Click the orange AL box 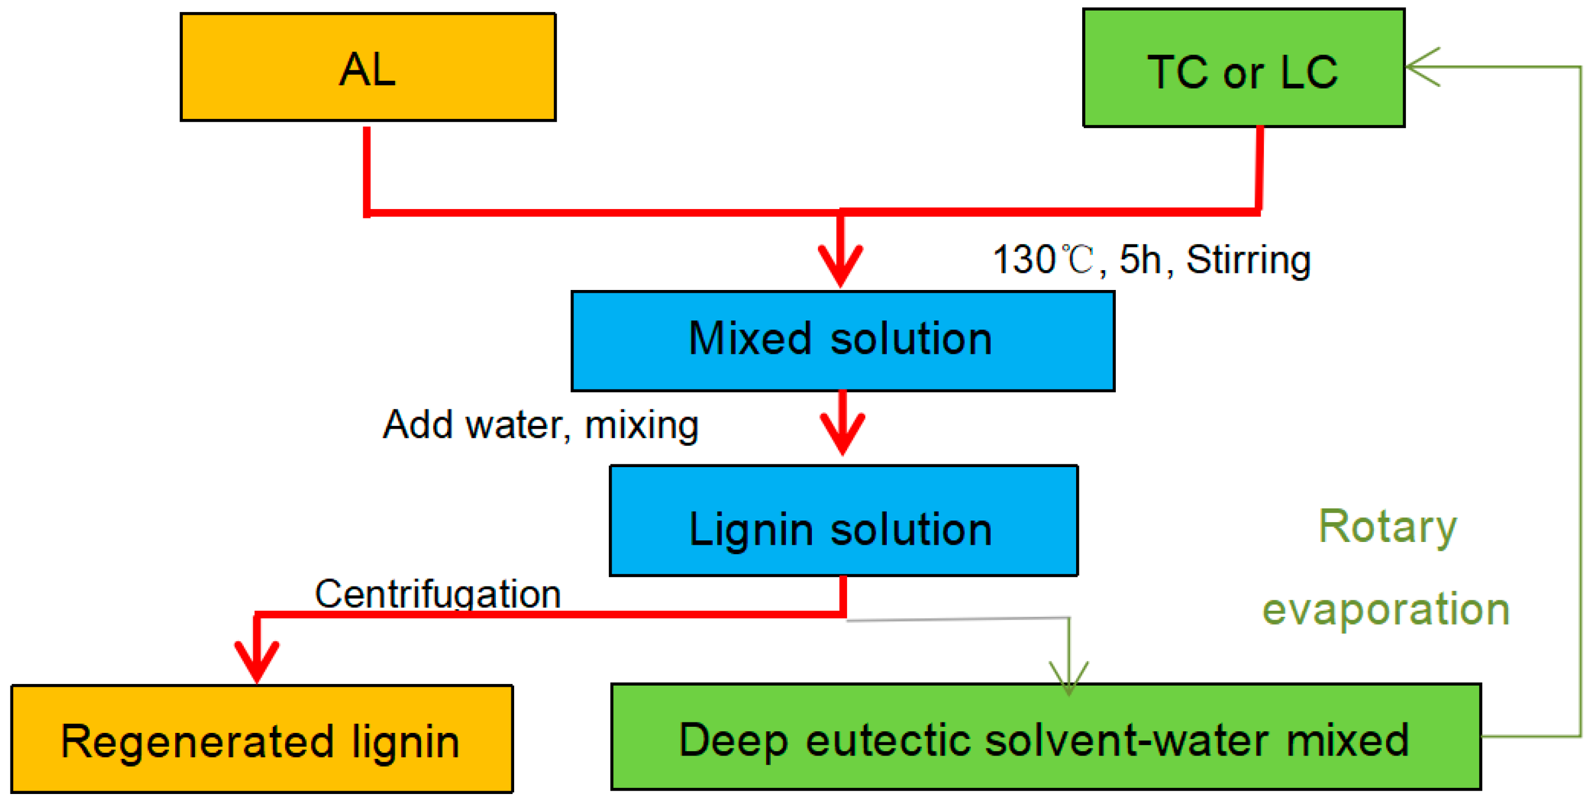(368, 67)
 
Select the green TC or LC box (1243, 68)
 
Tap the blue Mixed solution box (842, 341)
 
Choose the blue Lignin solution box (843, 521)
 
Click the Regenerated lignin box (261, 739)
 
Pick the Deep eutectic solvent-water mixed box (1045, 737)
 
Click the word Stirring (1248, 260)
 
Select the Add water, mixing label (541, 425)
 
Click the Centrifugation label (438, 594)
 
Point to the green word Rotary (1388, 527)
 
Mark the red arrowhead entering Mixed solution (841, 266)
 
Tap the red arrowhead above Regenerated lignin (257, 661)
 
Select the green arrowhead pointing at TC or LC (1421, 67)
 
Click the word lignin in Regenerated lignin (406, 742)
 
